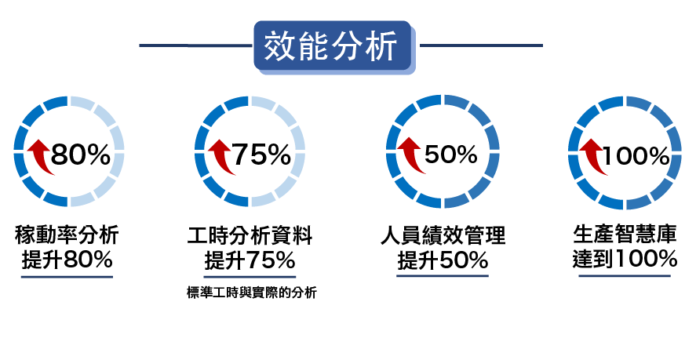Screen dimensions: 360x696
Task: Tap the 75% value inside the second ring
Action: pyautogui.click(x=261, y=155)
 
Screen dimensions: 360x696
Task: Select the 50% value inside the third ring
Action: pyautogui.click(x=451, y=155)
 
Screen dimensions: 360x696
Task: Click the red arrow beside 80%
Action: pyautogui.click(x=39, y=156)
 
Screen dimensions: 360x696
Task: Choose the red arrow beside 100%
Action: pyautogui.click(x=590, y=156)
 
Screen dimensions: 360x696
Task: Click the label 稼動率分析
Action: pyautogui.click(x=67, y=235)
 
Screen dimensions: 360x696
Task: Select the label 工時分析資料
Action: pyautogui.click(x=250, y=235)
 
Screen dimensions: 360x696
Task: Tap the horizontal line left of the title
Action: pyautogui.click(x=196, y=45)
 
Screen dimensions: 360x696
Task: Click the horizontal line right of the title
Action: pyautogui.click(x=480, y=45)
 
